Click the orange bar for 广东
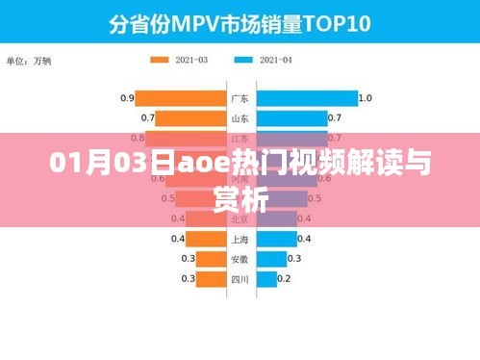point(180,98)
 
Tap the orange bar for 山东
point(190,118)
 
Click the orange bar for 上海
point(206,239)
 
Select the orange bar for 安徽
point(212,259)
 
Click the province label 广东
point(240,98)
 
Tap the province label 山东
point(240,118)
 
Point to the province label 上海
point(240,239)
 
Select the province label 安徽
point(240,259)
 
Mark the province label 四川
point(240,279)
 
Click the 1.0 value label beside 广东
point(365,98)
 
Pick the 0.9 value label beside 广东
point(126,98)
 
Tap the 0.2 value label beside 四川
point(284,279)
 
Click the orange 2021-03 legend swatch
point(160,60)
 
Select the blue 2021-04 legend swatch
point(242,60)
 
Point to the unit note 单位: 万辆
point(33,61)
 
